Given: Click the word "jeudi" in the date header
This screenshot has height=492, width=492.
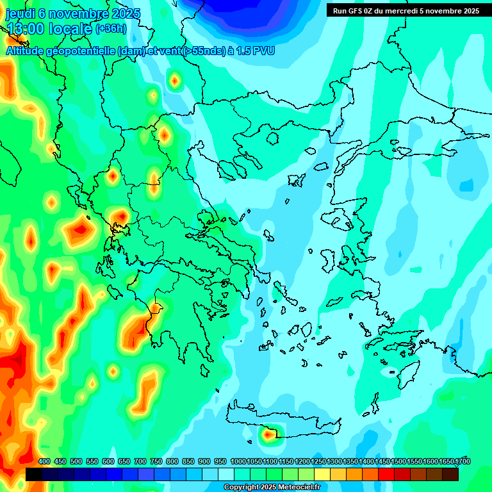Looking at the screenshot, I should (22, 13).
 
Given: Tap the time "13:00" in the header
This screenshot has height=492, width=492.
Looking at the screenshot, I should (26, 28).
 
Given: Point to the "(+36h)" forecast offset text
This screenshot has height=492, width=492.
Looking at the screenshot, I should (111, 29).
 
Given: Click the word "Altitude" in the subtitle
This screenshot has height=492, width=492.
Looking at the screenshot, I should (29, 51).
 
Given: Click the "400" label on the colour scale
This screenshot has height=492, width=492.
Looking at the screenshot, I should (44, 461).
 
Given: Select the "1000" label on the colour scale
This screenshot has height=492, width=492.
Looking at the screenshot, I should (238, 461).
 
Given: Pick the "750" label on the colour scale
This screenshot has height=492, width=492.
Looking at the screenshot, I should (156, 461).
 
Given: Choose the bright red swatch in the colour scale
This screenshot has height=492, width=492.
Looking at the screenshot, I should (386, 475).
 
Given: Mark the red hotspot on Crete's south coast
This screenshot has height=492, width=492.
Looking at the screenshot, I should (268, 435).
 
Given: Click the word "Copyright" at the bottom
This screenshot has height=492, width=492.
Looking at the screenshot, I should (241, 488).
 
